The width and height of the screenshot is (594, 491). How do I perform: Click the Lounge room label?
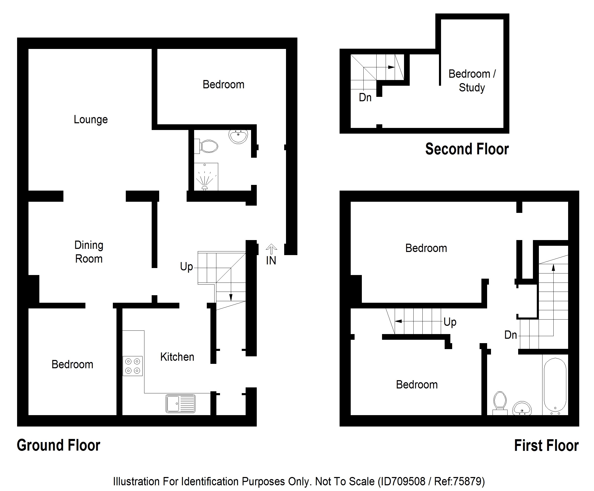(91, 120)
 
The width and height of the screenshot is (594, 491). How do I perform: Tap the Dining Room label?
(89, 252)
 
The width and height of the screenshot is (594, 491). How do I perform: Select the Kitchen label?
(177, 357)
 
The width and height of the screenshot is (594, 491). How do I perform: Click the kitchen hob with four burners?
(133, 366)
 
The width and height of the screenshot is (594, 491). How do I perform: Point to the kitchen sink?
(180, 403)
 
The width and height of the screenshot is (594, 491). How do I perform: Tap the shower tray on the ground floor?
(206, 177)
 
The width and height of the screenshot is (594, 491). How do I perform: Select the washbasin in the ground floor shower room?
(238, 137)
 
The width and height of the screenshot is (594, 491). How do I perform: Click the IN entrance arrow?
(271, 249)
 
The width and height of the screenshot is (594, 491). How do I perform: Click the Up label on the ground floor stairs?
(186, 267)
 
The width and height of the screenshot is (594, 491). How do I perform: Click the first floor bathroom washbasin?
(522, 408)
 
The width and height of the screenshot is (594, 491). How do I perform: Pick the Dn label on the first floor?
(511, 335)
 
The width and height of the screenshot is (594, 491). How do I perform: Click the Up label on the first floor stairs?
(450, 322)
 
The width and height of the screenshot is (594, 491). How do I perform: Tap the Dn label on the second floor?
(365, 98)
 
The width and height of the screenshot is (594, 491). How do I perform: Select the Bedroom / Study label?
(472, 81)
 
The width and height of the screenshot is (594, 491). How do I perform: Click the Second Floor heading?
(467, 149)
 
